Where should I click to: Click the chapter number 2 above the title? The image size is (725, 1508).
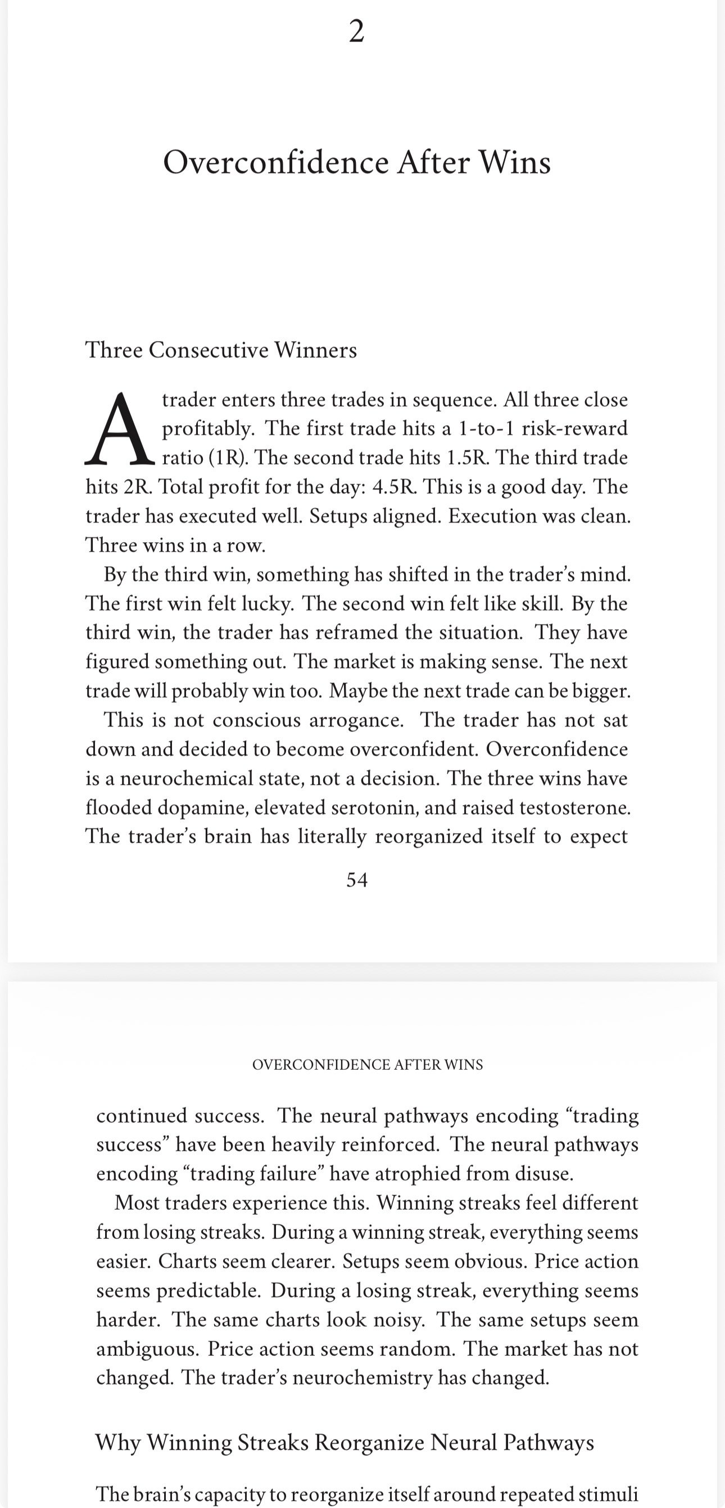356,31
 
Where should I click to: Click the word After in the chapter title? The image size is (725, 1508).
433,163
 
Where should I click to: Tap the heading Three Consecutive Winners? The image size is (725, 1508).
221,350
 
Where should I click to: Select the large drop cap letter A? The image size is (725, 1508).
120,430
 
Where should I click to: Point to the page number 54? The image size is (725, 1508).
357,880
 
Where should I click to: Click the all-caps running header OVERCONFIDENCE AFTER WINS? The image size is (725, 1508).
367,1065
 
